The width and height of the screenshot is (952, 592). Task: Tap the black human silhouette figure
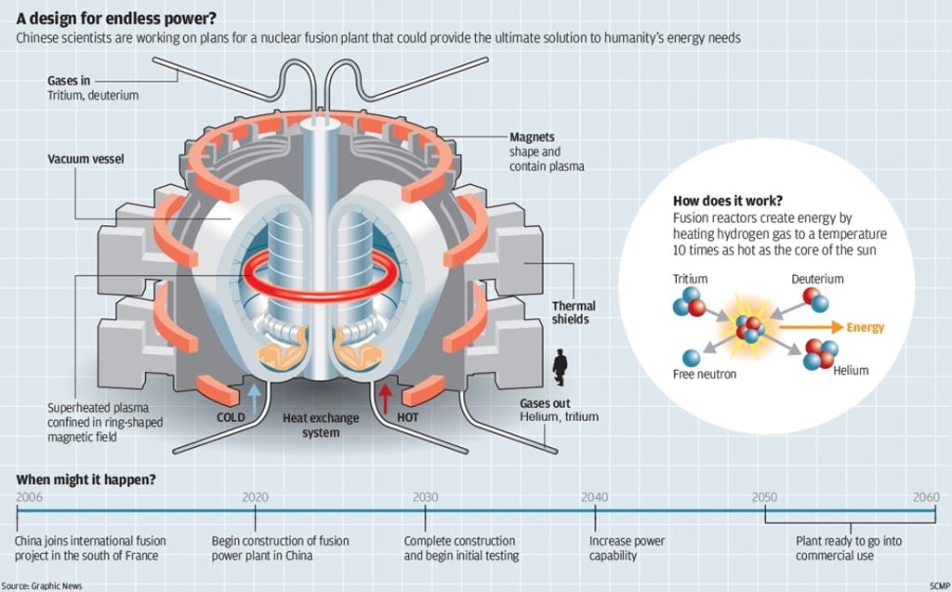click(x=560, y=367)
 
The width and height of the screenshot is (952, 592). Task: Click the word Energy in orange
click(x=866, y=327)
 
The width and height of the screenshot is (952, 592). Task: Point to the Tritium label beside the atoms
click(x=690, y=279)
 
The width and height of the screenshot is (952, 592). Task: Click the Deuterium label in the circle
click(x=817, y=279)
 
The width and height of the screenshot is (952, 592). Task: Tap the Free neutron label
click(x=705, y=375)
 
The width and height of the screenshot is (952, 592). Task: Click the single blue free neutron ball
click(x=691, y=357)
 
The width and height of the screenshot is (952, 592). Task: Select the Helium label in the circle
click(x=851, y=370)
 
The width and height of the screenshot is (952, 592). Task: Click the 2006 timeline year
click(x=29, y=497)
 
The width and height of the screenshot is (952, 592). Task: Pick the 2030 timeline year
click(x=426, y=497)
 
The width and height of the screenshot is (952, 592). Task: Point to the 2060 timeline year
click(x=926, y=497)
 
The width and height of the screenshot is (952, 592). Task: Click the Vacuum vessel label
click(x=86, y=159)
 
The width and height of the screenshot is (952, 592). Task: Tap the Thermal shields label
click(x=574, y=312)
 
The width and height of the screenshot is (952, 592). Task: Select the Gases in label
click(x=69, y=81)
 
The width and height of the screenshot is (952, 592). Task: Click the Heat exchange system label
click(x=321, y=425)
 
